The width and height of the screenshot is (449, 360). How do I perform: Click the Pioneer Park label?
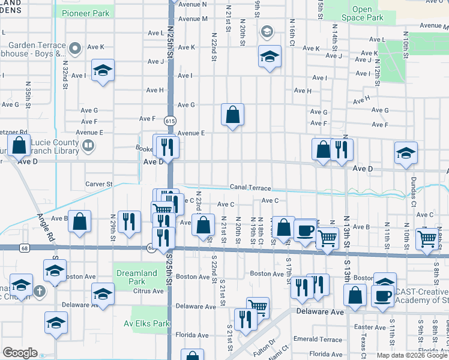click(86, 13)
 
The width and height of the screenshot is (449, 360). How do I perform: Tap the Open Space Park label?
click(362, 13)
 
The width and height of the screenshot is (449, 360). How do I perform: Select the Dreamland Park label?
click(137, 277)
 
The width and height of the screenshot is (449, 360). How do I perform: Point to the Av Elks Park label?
click(151, 323)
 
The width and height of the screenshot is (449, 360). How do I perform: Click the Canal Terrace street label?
click(249, 188)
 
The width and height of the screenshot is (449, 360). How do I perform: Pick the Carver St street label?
click(98, 184)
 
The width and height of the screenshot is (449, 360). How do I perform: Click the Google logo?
click(20, 353)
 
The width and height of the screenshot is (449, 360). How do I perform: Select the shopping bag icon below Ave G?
click(232, 114)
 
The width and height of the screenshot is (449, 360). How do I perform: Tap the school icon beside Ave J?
click(270, 56)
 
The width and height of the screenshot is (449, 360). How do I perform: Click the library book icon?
click(88, 145)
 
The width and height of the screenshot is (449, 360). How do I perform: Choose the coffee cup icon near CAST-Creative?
click(382, 295)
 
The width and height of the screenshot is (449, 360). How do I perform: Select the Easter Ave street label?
click(370, 327)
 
